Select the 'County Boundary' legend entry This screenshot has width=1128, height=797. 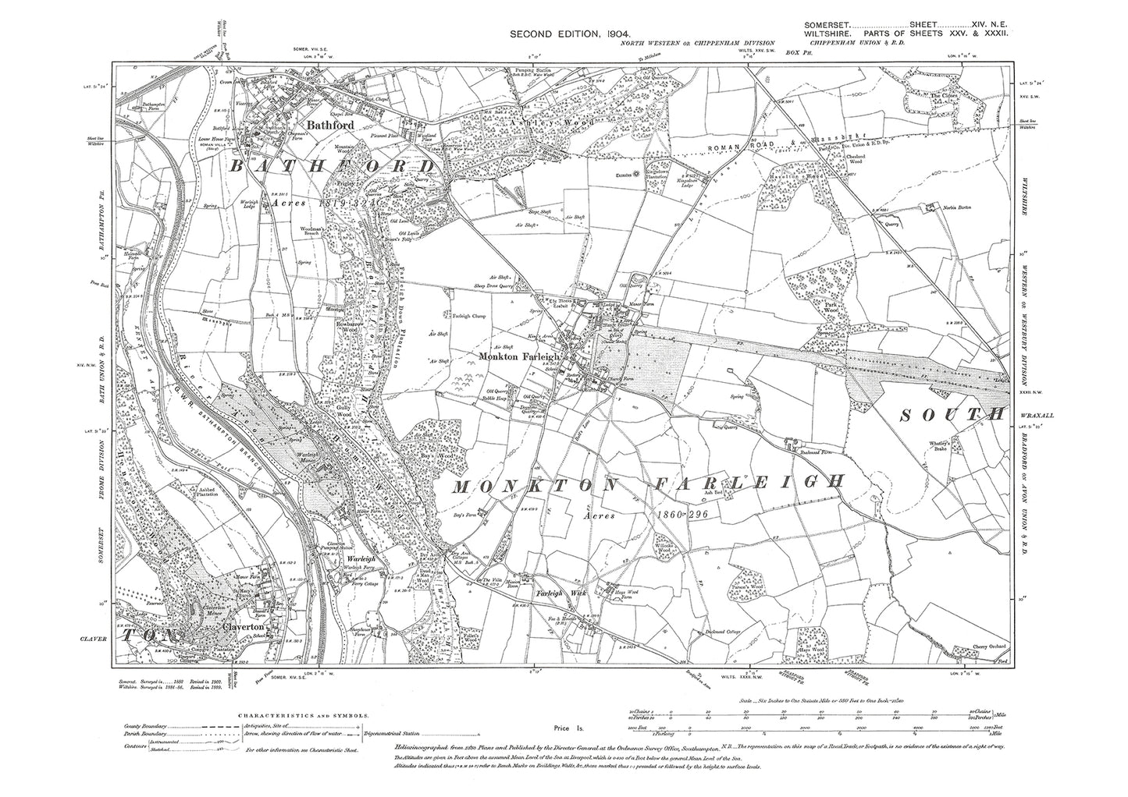click(x=145, y=726)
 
